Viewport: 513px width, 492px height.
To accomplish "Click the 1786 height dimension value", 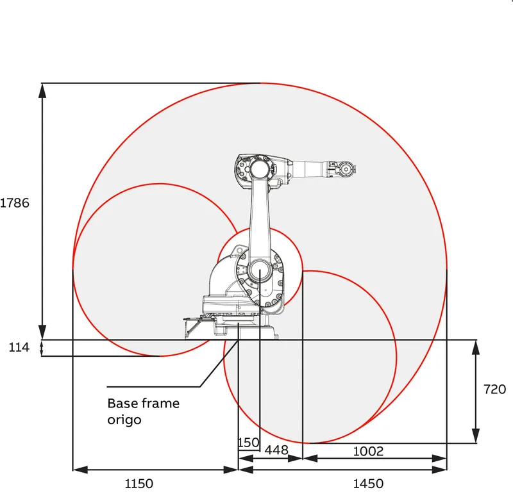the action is click(15, 203).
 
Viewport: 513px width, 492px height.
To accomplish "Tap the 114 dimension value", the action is click(19, 347).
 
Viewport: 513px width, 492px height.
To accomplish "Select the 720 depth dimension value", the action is click(494, 389).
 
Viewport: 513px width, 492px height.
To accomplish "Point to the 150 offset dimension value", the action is click(249, 443).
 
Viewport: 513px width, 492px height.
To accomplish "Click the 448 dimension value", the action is click(276, 450).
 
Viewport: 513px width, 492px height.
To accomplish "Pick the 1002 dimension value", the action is click(368, 452).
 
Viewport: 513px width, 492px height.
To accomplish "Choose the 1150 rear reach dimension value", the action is click(139, 484).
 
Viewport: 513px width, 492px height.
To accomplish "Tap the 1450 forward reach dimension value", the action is click(368, 484).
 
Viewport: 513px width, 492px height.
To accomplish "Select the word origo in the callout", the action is click(124, 420).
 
